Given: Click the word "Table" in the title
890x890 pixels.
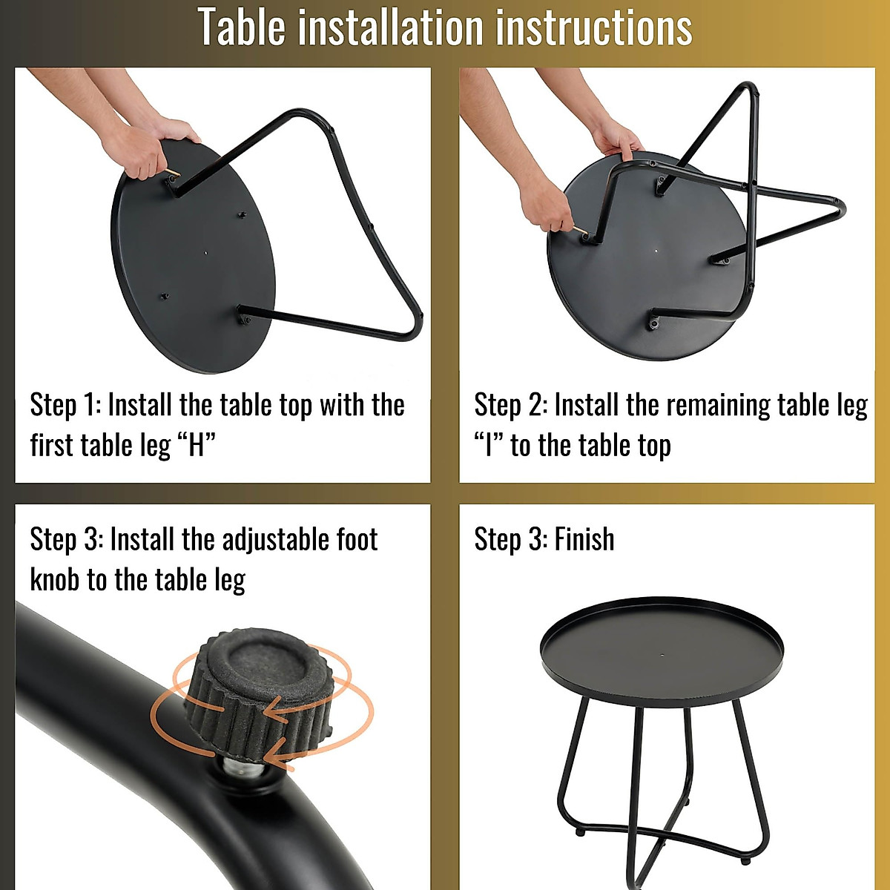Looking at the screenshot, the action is pos(243,27).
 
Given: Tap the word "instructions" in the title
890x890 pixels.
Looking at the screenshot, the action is pos(594,27).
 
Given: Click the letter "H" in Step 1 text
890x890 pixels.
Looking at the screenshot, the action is pos(197,445).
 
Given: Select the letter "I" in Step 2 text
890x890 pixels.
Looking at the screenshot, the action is pos(489,445).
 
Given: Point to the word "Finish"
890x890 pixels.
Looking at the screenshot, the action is pos(584,538).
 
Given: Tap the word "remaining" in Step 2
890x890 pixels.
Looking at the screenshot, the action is pos(718,406).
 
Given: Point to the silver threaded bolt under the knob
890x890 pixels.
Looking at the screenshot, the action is pos(244,771).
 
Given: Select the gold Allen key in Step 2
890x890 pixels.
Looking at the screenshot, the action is pos(581,229).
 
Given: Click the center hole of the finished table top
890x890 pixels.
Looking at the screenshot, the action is pos(663,656).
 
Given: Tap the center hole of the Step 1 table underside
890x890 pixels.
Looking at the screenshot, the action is pos(206,253).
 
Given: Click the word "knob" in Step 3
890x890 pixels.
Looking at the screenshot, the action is pos(54,580).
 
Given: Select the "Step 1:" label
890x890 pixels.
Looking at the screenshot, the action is pos(65,405).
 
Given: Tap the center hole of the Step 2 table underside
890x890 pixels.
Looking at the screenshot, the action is pos(656,251).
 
